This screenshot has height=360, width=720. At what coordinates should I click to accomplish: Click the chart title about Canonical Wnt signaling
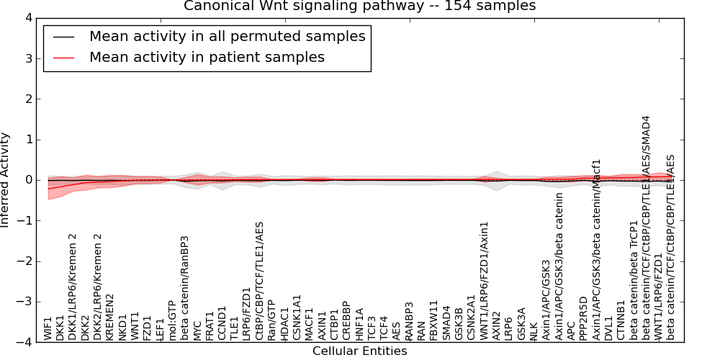click(x=359, y=6)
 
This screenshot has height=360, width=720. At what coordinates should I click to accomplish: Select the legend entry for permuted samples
click(x=227, y=36)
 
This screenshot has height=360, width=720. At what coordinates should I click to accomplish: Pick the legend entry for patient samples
click(x=207, y=57)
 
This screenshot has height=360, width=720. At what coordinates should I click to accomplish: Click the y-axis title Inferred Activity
click(x=6, y=180)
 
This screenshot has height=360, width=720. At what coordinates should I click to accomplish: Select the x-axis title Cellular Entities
click(x=359, y=351)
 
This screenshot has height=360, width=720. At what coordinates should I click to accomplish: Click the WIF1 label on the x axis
click(x=48, y=328)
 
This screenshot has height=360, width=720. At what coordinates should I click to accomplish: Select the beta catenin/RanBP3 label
click(x=185, y=288)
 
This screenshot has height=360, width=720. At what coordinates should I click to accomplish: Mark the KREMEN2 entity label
click(x=110, y=317)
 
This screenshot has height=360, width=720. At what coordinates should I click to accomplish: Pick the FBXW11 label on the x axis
click(x=433, y=321)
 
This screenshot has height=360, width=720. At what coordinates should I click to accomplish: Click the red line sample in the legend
click(x=63, y=57)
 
